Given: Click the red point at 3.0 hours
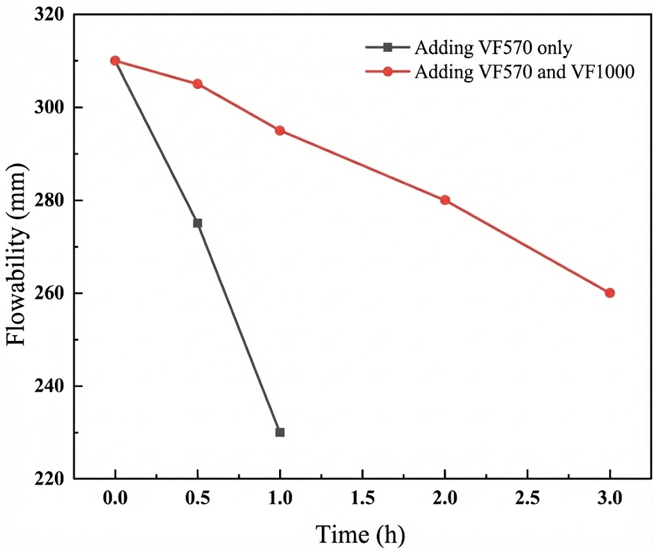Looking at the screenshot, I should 609,293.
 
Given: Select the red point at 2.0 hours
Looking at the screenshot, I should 445,200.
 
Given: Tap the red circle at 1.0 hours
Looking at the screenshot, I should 280,130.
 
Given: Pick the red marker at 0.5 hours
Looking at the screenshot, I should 197,84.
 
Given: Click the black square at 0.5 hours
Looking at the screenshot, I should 197,223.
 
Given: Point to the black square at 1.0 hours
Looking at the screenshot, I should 280,432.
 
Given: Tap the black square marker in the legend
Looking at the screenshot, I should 388,47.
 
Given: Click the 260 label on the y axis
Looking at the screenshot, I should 50,293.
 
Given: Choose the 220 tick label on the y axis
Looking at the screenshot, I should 50,479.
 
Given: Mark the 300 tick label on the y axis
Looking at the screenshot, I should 50,107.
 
